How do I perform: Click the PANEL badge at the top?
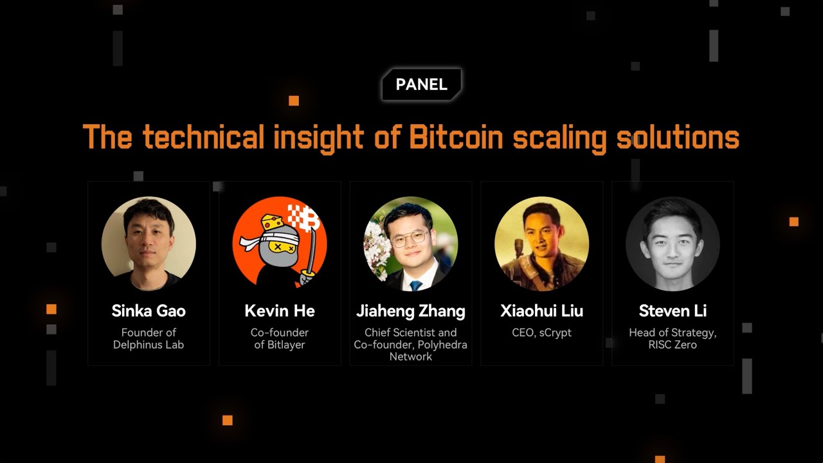pyautogui.click(x=421, y=85)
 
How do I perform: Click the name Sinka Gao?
pyautogui.click(x=149, y=311)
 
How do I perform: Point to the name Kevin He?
pyautogui.click(x=280, y=311)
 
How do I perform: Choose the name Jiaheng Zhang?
pyautogui.click(x=411, y=311)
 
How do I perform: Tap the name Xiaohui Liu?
pyautogui.click(x=542, y=311)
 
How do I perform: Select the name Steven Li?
pyautogui.click(x=673, y=311)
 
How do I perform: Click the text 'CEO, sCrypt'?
pyautogui.click(x=542, y=332)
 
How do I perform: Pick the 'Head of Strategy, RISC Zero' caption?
pyautogui.click(x=673, y=338)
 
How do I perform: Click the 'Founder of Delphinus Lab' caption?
pyautogui.click(x=149, y=338)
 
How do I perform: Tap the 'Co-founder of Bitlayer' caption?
pyautogui.click(x=280, y=338)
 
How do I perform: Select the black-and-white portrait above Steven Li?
pyautogui.click(x=673, y=244)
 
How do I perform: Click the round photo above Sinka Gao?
pyautogui.click(x=149, y=244)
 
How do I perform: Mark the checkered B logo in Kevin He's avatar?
pyautogui.click(x=305, y=217)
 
